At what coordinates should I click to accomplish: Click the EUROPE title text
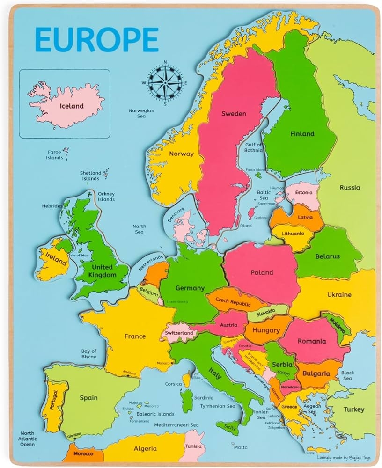click(96, 39)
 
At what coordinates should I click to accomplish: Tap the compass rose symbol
click(165, 82)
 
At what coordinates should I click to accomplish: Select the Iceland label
click(71, 106)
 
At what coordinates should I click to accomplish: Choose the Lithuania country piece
click(293, 234)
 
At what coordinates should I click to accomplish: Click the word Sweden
click(234, 113)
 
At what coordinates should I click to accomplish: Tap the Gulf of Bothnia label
click(254, 147)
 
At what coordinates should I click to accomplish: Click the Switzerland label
click(178, 333)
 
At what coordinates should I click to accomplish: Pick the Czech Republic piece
click(232, 302)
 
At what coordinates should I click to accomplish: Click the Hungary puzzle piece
click(265, 330)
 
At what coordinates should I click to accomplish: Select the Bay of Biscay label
click(88, 354)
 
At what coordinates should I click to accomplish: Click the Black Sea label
click(347, 375)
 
